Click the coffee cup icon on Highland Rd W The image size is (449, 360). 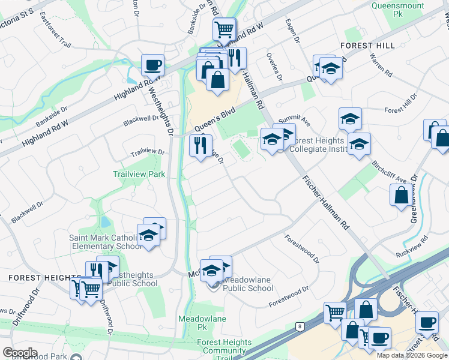click(x=152, y=65)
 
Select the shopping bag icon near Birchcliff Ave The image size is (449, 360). click(x=400, y=195)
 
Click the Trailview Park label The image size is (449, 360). click(x=139, y=174)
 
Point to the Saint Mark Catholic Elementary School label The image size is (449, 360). click(x=105, y=242)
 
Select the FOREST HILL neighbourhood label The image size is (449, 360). click(x=367, y=46)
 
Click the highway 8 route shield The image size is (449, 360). click(x=298, y=326)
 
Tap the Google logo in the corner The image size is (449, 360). click(x=20, y=352)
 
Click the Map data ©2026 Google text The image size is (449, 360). click(x=412, y=355)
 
